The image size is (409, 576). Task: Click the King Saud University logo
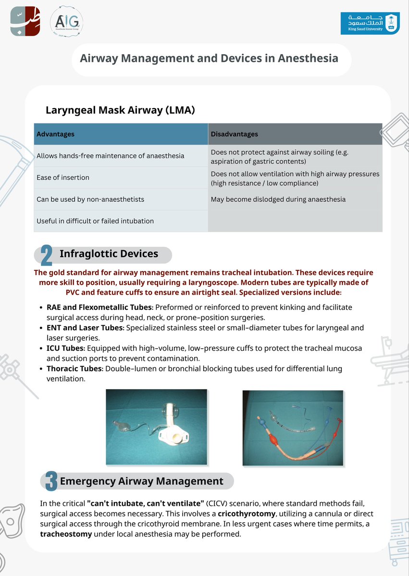pyautogui.click(x=369, y=23)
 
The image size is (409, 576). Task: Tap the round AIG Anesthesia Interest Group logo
pyautogui.click(x=67, y=23)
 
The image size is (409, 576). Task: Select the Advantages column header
pyautogui.click(x=56, y=134)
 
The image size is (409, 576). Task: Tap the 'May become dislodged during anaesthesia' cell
pyautogui.click(x=278, y=199)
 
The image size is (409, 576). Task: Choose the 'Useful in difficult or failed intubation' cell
pyautogui.click(x=95, y=221)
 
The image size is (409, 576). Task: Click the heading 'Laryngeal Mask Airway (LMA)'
pyautogui.click(x=120, y=110)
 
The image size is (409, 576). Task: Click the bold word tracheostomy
pyautogui.click(x=66, y=534)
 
